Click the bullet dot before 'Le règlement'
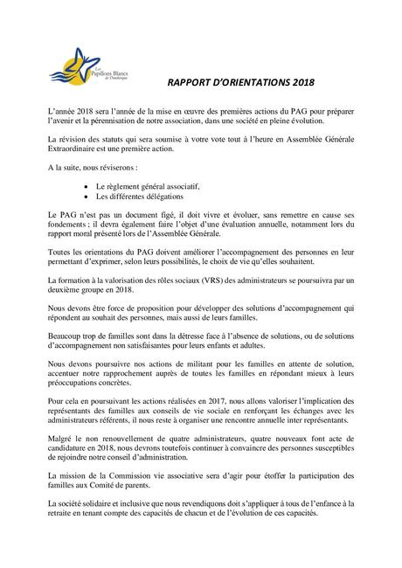[x=84, y=186]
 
